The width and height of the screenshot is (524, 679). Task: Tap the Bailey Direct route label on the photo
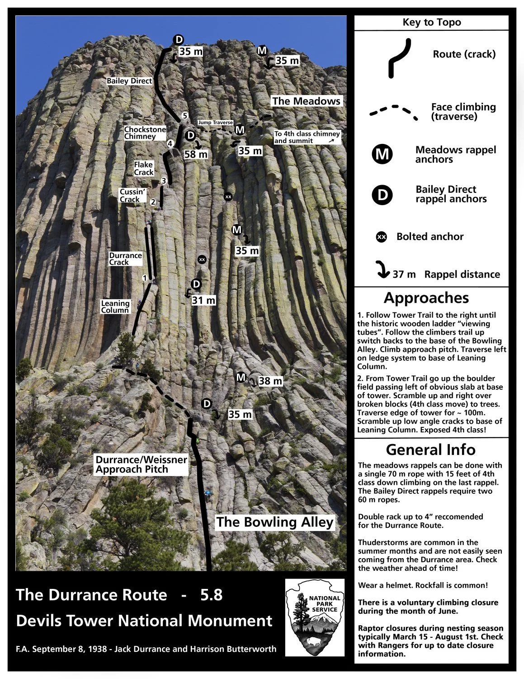[x=129, y=81]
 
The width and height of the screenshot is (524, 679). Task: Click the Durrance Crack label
[x=125, y=258]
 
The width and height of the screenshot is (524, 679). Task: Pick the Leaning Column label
[x=115, y=306]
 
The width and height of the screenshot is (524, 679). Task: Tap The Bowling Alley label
[x=274, y=522]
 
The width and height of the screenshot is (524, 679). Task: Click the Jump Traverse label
[x=215, y=123]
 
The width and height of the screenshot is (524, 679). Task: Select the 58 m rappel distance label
[x=196, y=154]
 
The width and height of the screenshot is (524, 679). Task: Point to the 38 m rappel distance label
[x=270, y=381]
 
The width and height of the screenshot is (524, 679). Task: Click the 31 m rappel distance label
[x=203, y=300]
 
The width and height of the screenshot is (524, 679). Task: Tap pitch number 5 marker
[x=184, y=116]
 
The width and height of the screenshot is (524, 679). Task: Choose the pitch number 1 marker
[x=145, y=277]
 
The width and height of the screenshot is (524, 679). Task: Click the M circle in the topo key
[x=382, y=154]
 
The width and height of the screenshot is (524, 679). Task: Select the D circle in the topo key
[x=382, y=194]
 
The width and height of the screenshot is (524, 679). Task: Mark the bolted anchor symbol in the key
[x=382, y=237]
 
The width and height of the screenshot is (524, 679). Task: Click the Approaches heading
[x=426, y=298]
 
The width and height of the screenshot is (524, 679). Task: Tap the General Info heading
[x=430, y=449]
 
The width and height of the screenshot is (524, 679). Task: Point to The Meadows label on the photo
[x=306, y=101]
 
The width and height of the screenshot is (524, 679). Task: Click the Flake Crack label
[x=143, y=168]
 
